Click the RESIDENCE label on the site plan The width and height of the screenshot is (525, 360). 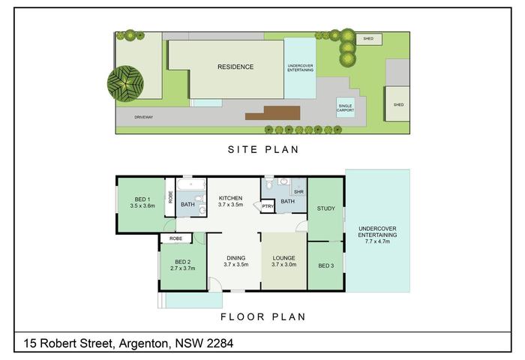pyautogui.click(x=235, y=67)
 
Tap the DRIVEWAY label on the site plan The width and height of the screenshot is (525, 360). pyautogui.click(x=144, y=117)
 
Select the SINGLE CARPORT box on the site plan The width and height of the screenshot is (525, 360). pyautogui.click(x=345, y=107)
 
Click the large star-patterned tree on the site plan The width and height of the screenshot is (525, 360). pyautogui.click(x=125, y=84)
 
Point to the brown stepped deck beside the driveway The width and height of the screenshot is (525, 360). pyautogui.click(x=273, y=113)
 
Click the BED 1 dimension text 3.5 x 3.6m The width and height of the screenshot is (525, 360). pyautogui.click(x=142, y=206)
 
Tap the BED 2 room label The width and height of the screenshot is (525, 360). pyautogui.click(x=183, y=262)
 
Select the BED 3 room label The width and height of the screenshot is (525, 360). pyautogui.click(x=325, y=266)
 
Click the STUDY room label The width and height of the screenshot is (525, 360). pyautogui.click(x=325, y=208)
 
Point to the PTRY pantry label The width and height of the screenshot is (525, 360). pyautogui.click(x=268, y=206)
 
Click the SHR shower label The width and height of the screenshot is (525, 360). pyautogui.click(x=298, y=192)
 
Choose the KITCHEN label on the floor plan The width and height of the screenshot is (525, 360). pyautogui.click(x=230, y=198)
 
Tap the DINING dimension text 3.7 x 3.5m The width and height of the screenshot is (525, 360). pyautogui.click(x=236, y=265)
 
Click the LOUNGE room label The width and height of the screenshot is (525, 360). pyautogui.click(x=283, y=258)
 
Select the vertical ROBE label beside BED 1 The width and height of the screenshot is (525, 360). pyautogui.click(x=170, y=197)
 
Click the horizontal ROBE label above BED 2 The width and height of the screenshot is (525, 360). pyautogui.click(x=175, y=238)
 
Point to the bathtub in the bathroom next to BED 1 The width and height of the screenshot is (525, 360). pyautogui.click(x=190, y=184)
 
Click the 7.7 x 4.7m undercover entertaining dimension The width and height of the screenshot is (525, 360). pyautogui.click(x=377, y=241)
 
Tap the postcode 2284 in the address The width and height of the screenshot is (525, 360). pyautogui.click(x=220, y=343)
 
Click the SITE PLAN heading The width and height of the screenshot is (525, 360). pyautogui.click(x=263, y=149)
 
